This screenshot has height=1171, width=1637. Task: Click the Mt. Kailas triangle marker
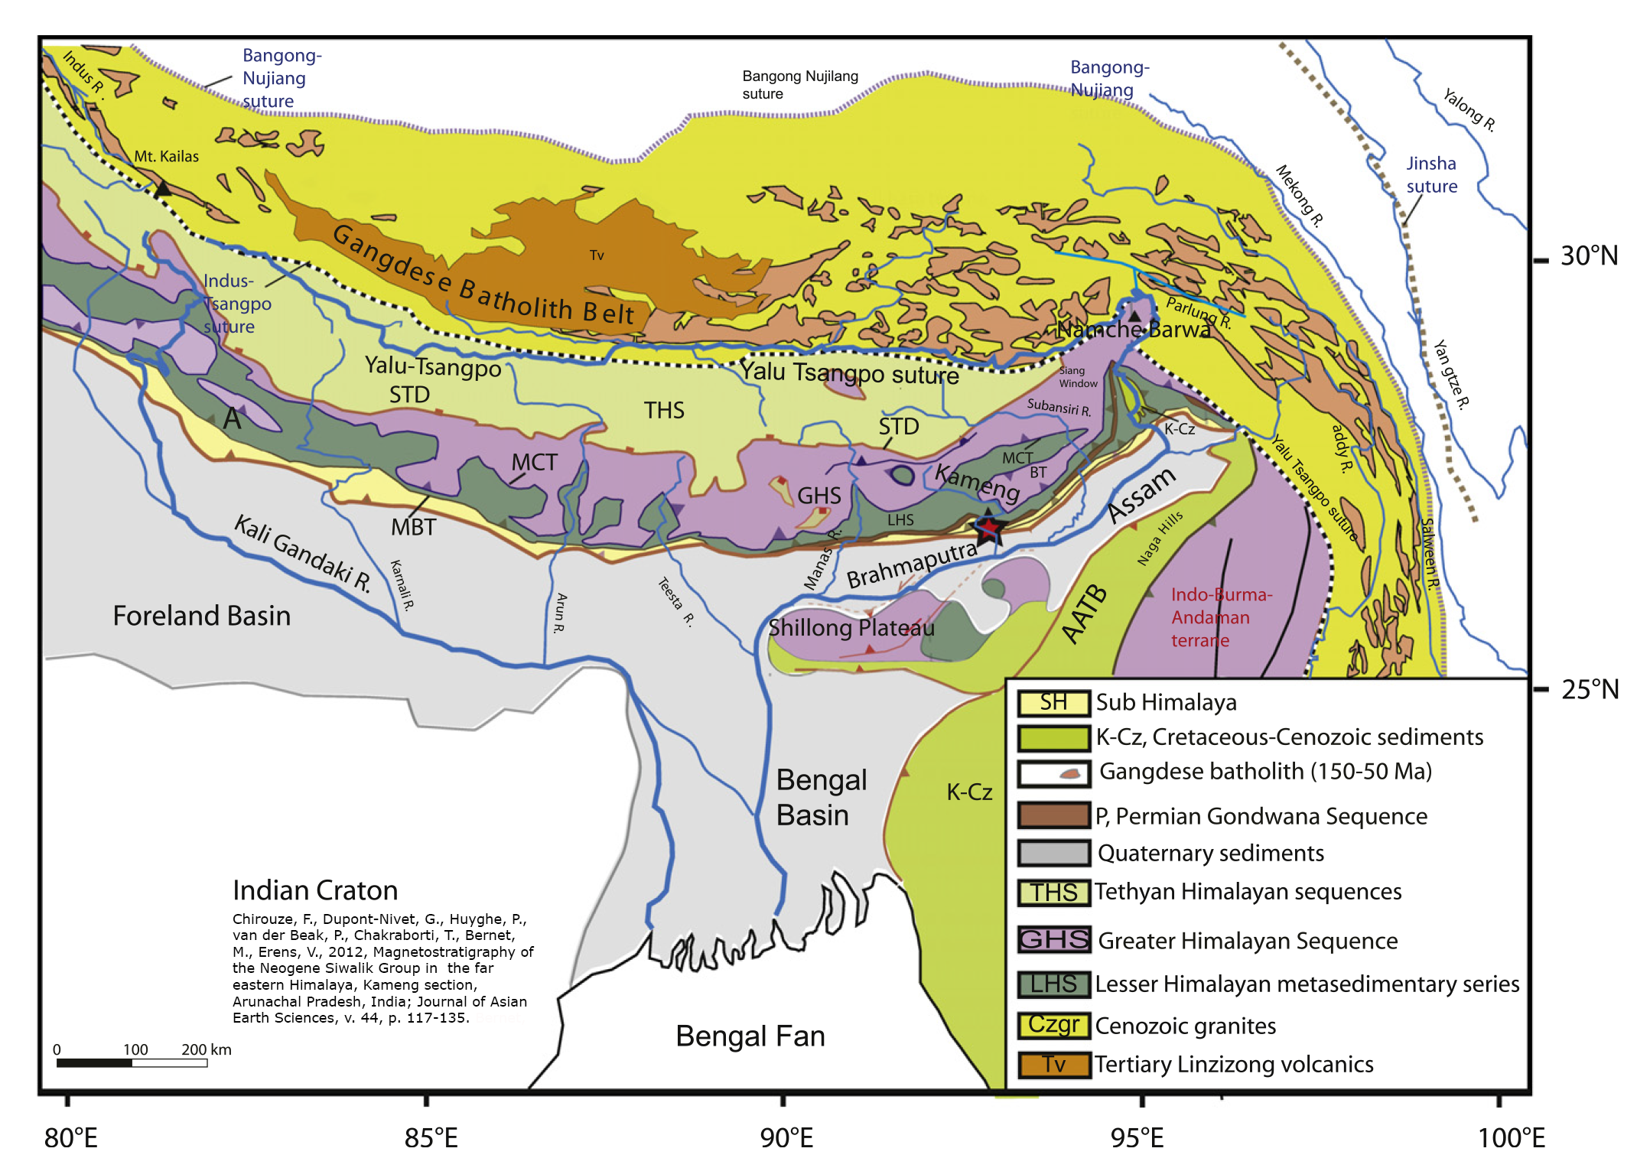[x=163, y=188]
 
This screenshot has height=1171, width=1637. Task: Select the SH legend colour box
[x=1053, y=702]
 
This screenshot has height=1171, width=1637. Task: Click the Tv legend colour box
[x=1053, y=1064]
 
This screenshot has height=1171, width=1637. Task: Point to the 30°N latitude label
[x=1589, y=256]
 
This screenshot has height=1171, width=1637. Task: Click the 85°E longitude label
[x=431, y=1138]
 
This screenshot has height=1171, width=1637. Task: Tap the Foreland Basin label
[x=201, y=616]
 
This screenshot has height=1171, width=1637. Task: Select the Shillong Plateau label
[x=851, y=628]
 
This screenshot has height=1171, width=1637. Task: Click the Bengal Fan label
[x=750, y=1036]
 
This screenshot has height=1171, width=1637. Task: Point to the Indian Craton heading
[x=314, y=890]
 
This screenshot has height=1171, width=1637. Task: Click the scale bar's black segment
[x=94, y=1063]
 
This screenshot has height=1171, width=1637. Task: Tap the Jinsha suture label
[x=1431, y=175]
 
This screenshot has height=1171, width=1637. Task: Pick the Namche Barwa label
[x=1134, y=330]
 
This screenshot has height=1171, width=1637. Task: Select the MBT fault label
[x=413, y=527]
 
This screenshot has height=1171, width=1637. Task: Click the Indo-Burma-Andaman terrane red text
[x=1221, y=617]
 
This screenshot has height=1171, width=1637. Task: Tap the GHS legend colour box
[x=1053, y=939]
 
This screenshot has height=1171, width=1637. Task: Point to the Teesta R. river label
[x=676, y=602]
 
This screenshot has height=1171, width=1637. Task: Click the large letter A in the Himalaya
[x=233, y=418]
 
